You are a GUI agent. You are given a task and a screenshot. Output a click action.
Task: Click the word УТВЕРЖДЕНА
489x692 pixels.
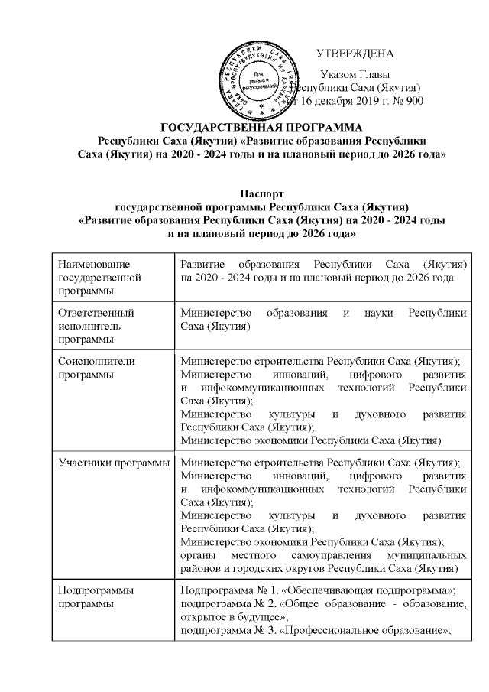pyautogui.click(x=355, y=54)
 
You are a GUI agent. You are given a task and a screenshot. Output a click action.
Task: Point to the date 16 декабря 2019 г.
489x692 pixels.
pyautogui.click(x=343, y=101)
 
